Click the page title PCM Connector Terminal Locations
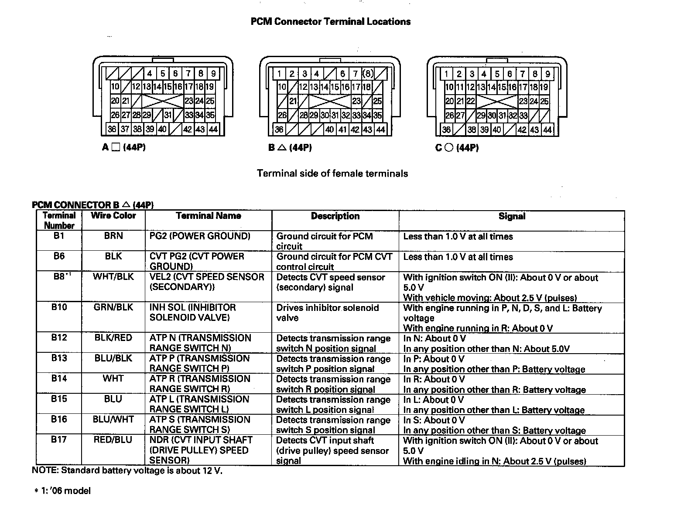[x=330, y=22]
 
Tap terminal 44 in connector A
[x=213, y=129]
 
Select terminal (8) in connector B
[x=368, y=74]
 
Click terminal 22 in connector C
[x=470, y=101]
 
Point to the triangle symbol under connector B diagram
[x=281, y=148]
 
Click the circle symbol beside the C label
[x=448, y=148]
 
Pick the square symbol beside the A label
[x=115, y=147]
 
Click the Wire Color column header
[x=113, y=215]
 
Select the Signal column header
[x=512, y=216]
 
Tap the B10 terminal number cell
[x=59, y=307]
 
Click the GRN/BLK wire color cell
[x=113, y=307]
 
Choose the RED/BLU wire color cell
[x=113, y=440]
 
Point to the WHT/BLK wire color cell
[x=113, y=276]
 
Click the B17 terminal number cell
[x=59, y=440]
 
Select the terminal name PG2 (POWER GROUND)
[x=200, y=236]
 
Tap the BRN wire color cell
[x=113, y=236]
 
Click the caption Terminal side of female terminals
[x=332, y=174]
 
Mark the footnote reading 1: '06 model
[x=63, y=491]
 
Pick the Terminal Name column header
[x=209, y=215]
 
